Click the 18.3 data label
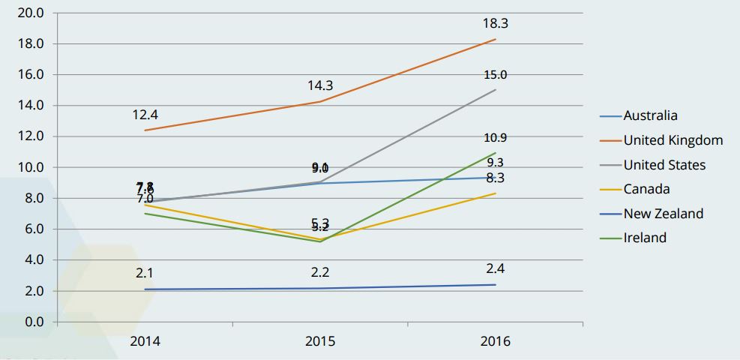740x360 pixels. pos(496,24)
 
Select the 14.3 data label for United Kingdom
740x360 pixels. pos(320,85)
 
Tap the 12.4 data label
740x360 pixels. pos(145,115)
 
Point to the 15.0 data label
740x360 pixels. pos(496,75)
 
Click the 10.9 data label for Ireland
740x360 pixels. pos(496,138)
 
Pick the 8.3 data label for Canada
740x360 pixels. pos(496,178)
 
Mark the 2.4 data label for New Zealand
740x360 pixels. pos(496,268)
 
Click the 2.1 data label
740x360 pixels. pos(145,274)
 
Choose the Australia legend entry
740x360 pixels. pos(650,115)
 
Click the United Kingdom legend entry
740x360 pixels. pos(673,140)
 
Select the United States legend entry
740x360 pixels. pos(664,165)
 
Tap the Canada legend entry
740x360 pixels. pos(646,189)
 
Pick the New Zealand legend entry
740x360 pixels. pos(663,214)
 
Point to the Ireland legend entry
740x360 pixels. pos(645,238)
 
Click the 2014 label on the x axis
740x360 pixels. pos(145,341)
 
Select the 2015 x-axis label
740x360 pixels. pos(320,341)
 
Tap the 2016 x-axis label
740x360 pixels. pos(495,341)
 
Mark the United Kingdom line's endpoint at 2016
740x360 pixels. pos(496,39)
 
